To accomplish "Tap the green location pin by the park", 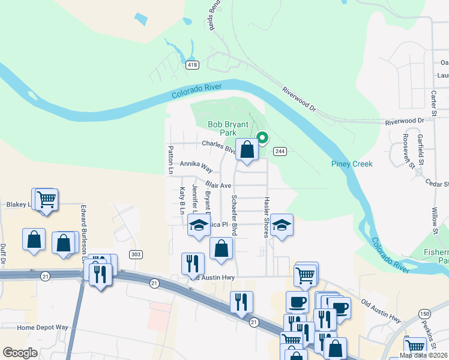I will (262, 138).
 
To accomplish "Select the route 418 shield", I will (192, 65).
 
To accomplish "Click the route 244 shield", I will (279, 151).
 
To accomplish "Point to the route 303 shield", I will (136, 254).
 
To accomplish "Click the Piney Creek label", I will (352, 164).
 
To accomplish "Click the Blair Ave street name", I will (218, 185).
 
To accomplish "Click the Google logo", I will (20, 352).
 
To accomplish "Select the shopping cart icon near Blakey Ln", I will (46, 199).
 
